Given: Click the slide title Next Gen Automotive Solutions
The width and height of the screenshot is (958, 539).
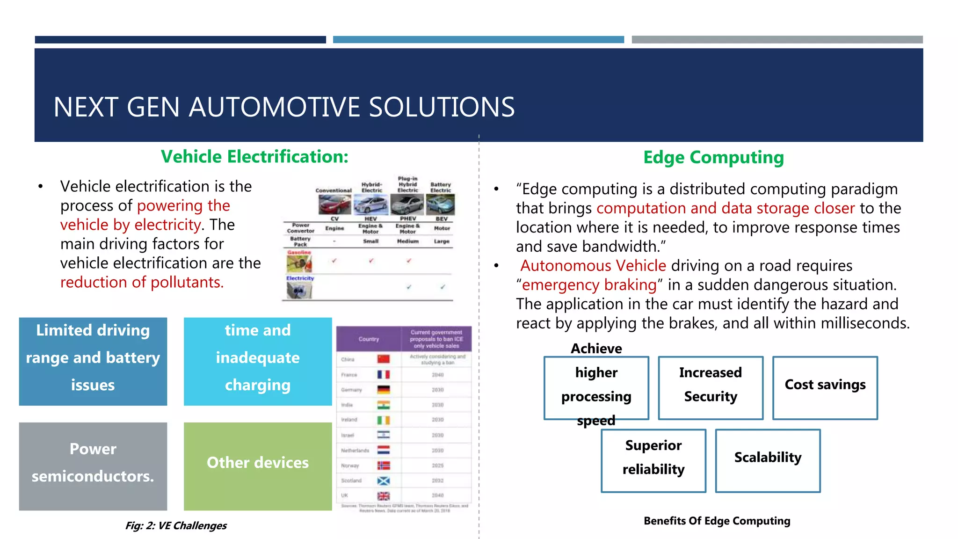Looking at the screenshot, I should pyautogui.click(x=284, y=107).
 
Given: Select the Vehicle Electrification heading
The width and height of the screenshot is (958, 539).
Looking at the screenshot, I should pyautogui.click(x=254, y=157).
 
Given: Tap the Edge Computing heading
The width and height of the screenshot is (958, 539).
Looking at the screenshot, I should pyautogui.click(x=713, y=158).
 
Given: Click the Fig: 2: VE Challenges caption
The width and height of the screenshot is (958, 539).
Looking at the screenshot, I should pyautogui.click(x=176, y=525).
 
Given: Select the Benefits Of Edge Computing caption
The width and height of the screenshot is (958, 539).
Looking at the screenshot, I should pyautogui.click(x=717, y=521).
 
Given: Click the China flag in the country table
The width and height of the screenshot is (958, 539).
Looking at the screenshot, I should pyautogui.click(x=384, y=359).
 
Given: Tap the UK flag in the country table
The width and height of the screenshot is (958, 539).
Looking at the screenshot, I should pyautogui.click(x=384, y=495).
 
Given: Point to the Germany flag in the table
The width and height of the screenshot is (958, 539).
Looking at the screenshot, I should pyautogui.click(x=384, y=390).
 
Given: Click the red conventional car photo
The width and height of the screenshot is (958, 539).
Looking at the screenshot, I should pyautogui.click(x=334, y=204).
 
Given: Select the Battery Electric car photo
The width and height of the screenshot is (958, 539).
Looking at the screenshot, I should pyautogui.click(x=441, y=204).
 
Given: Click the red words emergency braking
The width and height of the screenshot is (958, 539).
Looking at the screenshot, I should pyautogui.click(x=589, y=285).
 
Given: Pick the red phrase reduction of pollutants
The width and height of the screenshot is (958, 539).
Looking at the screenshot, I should pyautogui.click(x=142, y=283).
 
